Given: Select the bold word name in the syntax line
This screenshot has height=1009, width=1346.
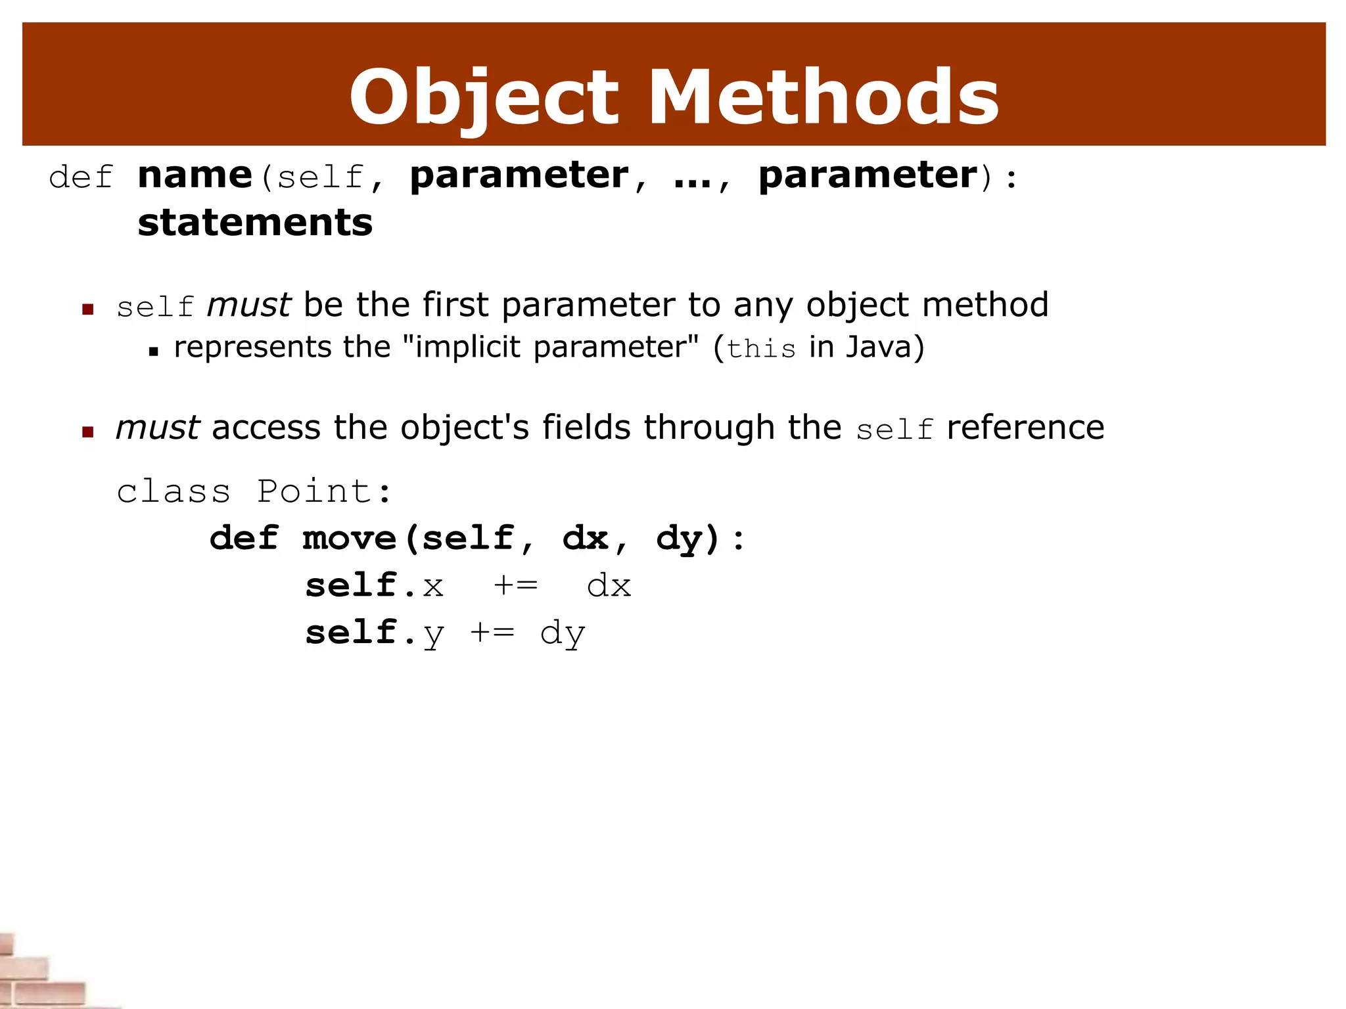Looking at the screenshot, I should [x=195, y=175].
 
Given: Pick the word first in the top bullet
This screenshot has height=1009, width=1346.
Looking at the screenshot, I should [x=455, y=305].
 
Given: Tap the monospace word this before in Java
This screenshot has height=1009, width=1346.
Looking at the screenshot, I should [x=762, y=349].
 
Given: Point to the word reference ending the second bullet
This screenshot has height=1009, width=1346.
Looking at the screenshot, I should [x=1025, y=428].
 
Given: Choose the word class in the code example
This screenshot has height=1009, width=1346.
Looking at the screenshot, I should [x=174, y=491].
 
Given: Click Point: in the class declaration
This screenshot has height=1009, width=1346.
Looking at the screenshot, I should [x=325, y=491].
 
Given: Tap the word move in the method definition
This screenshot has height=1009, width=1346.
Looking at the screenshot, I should [x=350, y=539].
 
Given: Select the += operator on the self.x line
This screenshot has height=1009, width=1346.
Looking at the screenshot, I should [x=516, y=585].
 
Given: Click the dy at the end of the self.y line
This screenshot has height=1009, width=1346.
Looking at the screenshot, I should [x=563, y=633].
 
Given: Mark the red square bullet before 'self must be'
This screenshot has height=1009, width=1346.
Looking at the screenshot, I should [x=88, y=309].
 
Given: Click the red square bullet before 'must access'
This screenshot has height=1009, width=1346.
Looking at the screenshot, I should [x=88, y=432].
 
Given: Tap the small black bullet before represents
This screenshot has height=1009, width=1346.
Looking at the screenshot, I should [x=154, y=351].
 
